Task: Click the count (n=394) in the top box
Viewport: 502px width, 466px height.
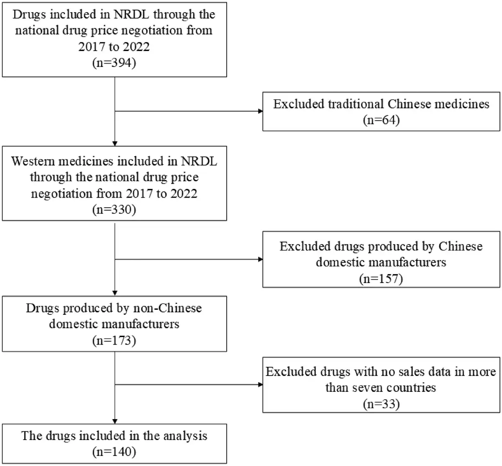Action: (x=114, y=63)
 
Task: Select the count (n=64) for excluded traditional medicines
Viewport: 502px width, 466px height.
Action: (x=381, y=120)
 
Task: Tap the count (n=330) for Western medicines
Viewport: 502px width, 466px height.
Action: (x=114, y=209)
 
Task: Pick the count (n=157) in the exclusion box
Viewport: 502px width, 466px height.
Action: (x=381, y=279)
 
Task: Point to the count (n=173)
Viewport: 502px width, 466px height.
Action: (x=114, y=340)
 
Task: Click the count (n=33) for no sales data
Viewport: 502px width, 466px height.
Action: (x=381, y=404)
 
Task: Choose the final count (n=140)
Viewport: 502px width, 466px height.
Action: (x=114, y=452)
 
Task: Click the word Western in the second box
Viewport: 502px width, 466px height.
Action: (x=33, y=161)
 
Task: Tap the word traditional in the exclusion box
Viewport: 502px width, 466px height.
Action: (x=356, y=104)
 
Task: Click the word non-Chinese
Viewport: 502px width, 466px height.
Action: (x=167, y=308)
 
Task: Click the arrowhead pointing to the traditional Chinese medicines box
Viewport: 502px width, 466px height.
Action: (x=260, y=111)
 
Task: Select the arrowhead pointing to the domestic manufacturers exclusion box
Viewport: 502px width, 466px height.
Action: (x=260, y=259)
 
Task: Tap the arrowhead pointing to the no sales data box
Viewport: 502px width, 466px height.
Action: (x=260, y=384)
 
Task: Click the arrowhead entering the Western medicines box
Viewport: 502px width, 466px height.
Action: (x=115, y=144)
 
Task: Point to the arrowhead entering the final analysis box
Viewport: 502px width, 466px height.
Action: (x=115, y=422)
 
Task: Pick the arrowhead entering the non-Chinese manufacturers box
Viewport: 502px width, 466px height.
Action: (x=115, y=293)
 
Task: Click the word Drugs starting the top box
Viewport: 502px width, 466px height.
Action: (x=29, y=14)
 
